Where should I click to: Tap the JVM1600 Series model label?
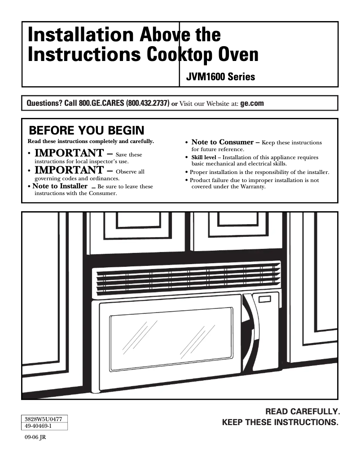220,77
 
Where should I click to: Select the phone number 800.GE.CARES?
101,104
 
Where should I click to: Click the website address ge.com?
252,103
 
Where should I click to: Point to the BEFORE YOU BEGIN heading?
87,130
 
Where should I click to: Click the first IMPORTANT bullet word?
69,154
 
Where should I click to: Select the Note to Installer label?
60,186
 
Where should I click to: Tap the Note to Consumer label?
222,142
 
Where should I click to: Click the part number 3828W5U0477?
44,419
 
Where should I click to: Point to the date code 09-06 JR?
35,438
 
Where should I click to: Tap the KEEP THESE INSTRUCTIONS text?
280,422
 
